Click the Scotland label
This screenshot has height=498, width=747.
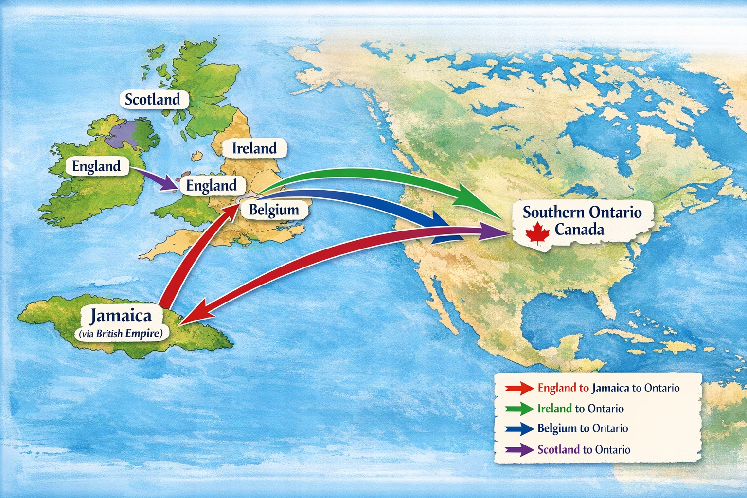(x=152, y=99)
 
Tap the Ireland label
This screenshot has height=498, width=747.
(x=254, y=148)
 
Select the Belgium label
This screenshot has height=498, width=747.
(x=274, y=210)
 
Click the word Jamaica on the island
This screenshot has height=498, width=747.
(x=121, y=316)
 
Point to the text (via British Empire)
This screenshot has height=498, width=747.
(x=121, y=334)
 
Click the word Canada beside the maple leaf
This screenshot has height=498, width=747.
(x=579, y=230)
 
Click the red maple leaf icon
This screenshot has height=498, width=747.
(x=537, y=232)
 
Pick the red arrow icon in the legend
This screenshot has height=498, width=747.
(x=519, y=388)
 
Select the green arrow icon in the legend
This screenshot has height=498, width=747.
(x=519, y=409)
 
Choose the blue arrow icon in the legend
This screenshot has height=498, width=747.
(x=519, y=428)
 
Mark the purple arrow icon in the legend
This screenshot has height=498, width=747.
(x=519, y=449)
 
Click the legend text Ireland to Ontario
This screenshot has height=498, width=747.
(x=580, y=409)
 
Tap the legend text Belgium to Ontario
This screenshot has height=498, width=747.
(x=583, y=428)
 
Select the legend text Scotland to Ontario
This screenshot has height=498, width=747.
(x=584, y=449)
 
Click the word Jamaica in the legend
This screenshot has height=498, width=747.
(x=610, y=388)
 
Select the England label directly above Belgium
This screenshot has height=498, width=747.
(x=211, y=185)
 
